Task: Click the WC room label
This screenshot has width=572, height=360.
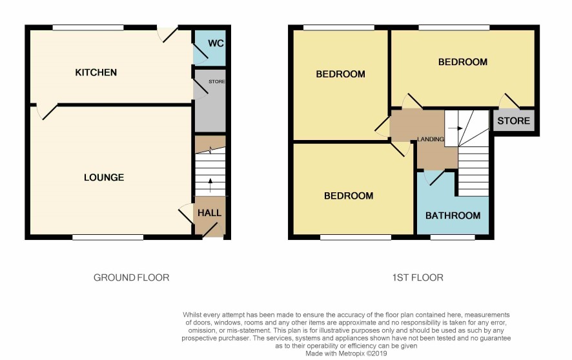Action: [216, 43]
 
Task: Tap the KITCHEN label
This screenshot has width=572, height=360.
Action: [96, 72]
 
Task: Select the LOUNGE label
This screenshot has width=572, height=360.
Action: [104, 177]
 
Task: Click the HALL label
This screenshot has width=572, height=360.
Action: [209, 213]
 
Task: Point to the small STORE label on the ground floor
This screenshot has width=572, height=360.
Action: [217, 82]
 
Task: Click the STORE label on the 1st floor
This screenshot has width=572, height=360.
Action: [514, 121]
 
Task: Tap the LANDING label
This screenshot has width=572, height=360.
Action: [431, 139]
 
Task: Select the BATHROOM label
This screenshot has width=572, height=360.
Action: [453, 215]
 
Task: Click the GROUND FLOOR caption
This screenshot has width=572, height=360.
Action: [131, 277]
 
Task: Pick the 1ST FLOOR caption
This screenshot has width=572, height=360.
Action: [418, 277]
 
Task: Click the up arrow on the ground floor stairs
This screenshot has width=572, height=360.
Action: [210, 185]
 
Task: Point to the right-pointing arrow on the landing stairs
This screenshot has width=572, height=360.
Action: [455, 128]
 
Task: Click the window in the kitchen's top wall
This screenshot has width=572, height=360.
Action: [88, 28]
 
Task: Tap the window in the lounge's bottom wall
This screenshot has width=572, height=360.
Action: [108, 237]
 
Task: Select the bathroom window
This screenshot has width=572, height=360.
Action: [453, 237]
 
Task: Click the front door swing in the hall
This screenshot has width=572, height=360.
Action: [213, 230]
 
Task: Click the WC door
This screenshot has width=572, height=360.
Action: [200, 51]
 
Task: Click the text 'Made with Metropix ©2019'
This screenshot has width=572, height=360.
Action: [346, 354]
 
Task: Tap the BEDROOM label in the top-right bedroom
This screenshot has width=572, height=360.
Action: [462, 62]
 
